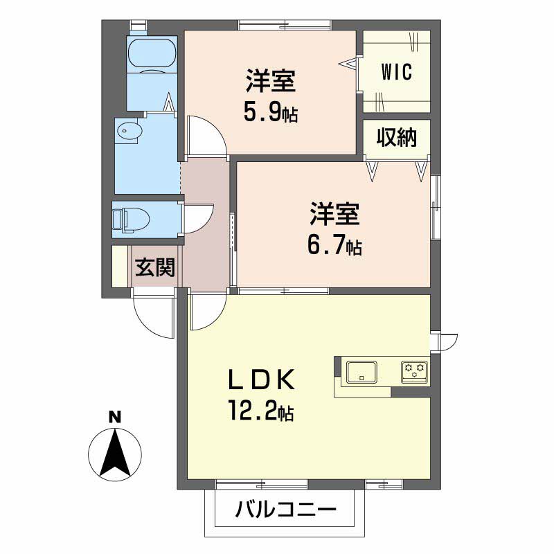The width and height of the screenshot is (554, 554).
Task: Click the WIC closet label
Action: click(x=396, y=71)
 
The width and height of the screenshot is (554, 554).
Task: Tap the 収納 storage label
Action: click(x=397, y=138)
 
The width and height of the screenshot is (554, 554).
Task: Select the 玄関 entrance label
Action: click(x=154, y=267)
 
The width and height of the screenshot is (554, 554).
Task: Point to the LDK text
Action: click(x=263, y=381)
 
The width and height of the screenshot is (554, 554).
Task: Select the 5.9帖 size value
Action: click(x=270, y=111)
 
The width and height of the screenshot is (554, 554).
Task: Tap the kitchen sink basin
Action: click(x=361, y=371)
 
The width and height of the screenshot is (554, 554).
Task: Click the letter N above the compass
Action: click(x=114, y=417)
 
